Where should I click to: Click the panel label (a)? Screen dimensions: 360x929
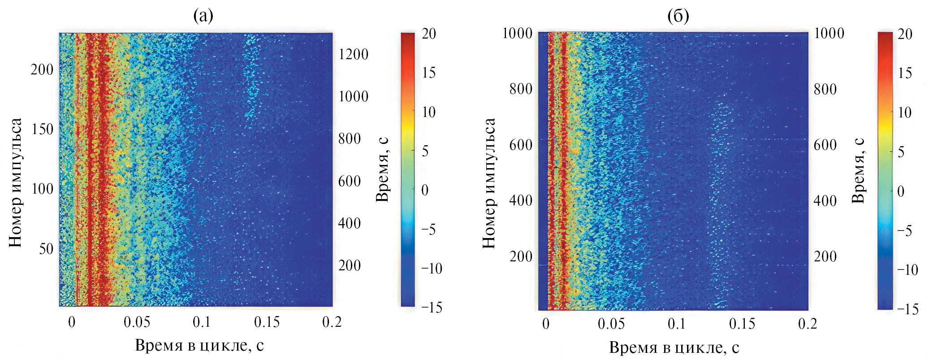pos(203,16)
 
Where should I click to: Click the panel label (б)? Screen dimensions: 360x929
pos(678,16)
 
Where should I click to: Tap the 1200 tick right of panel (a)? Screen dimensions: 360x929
pos(353,54)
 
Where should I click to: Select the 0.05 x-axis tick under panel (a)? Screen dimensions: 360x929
pos(137,322)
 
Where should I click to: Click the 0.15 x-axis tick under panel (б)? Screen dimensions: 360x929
pos(742,324)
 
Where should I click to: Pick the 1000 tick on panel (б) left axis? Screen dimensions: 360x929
pos(517,33)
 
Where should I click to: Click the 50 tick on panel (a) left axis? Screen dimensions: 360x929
pos(46,249)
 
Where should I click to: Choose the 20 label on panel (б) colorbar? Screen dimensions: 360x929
pos(904,34)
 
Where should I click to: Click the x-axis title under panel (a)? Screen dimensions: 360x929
pos(199,345)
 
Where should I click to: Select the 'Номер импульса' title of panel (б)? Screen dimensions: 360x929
pos(489,183)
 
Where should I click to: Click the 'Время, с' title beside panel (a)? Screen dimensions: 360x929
pos(382,170)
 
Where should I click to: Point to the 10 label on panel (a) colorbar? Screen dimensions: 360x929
pos(428,112)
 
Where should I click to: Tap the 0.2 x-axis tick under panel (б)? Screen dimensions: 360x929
pos(808,324)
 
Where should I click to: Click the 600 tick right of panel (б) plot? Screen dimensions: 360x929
pos(825,145)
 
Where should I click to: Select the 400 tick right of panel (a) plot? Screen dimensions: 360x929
pos(349,223)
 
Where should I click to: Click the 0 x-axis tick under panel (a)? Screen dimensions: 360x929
pos(72,322)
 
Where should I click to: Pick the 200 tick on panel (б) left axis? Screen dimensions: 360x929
pos(521,256)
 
